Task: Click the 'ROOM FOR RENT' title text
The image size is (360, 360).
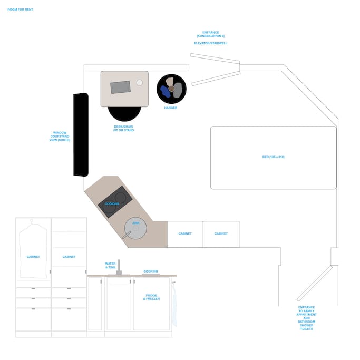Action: pyautogui.click(x=20, y=9)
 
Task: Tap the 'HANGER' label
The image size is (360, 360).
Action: pyautogui.click(x=171, y=108)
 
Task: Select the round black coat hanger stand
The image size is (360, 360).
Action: pyautogui.click(x=171, y=89)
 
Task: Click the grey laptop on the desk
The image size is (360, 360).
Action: pyautogui.click(x=120, y=87)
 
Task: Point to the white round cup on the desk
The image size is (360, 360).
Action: pyautogui.click(x=139, y=83)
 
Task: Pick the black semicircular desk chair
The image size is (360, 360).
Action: pyautogui.click(x=124, y=113)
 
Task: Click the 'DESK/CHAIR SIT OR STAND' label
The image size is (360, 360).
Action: pyautogui.click(x=123, y=128)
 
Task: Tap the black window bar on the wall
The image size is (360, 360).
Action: pyautogui.click(x=81, y=135)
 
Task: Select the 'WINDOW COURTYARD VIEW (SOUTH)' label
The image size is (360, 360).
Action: pyautogui.click(x=60, y=136)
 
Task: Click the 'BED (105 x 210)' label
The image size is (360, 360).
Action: pyautogui.click(x=273, y=157)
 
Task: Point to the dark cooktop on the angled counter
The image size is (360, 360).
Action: pyautogui.click(x=115, y=202)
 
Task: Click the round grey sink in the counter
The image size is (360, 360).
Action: pyautogui.click(x=135, y=228)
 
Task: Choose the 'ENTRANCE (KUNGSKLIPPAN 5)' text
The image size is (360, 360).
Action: pyautogui.click(x=210, y=34)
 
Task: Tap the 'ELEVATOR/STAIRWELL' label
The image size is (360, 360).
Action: pyautogui.click(x=210, y=43)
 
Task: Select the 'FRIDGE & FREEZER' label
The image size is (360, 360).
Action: pyautogui.click(x=151, y=297)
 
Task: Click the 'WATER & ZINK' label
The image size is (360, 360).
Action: pyautogui.click(x=110, y=266)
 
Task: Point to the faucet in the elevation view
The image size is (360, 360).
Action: pyautogui.click(x=119, y=267)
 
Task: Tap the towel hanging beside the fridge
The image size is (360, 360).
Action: pyautogui.click(x=174, y=304)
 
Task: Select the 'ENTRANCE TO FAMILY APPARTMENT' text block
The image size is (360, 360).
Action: pyautogui.click(x=306, y=318)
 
